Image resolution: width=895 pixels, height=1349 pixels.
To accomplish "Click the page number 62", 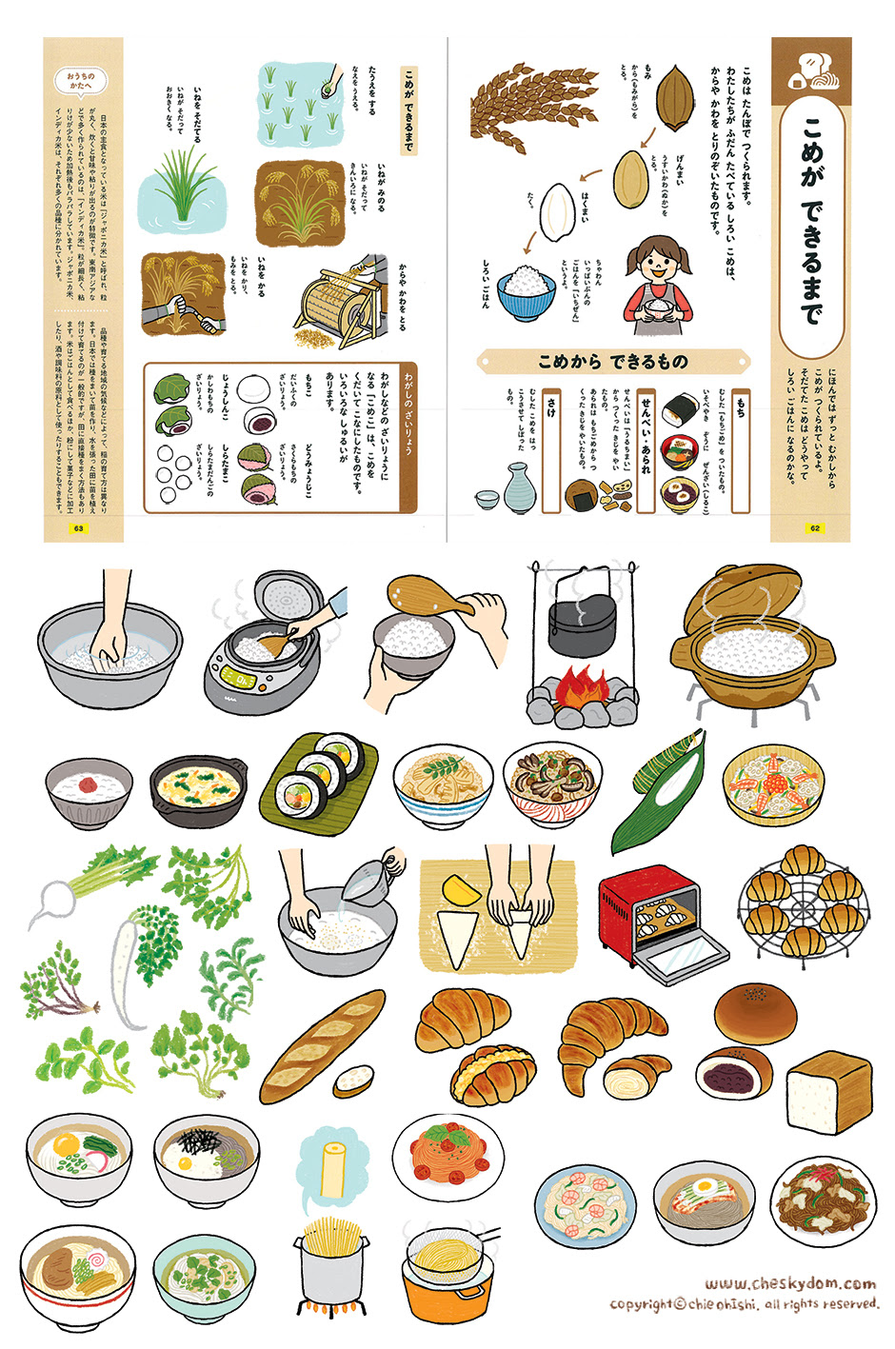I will point(814,528).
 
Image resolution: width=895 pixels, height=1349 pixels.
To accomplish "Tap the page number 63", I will point(79,528).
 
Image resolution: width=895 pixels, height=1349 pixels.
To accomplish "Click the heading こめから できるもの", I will point(612,362).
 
